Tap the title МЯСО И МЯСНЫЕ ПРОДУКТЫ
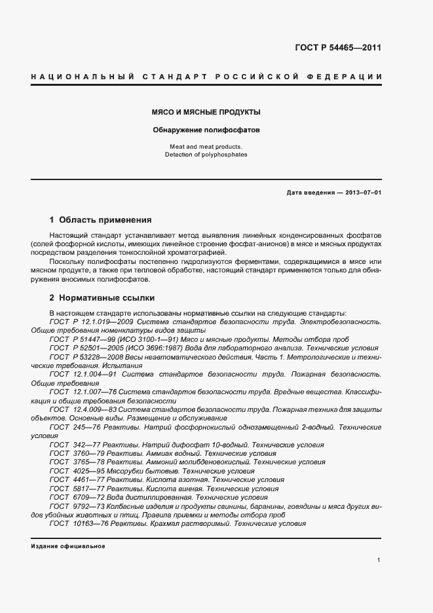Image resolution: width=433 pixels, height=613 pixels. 206,113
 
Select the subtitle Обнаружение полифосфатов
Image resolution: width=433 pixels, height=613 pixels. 206,130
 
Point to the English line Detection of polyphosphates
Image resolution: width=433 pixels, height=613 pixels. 206,155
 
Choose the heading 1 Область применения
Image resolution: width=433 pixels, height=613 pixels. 100,220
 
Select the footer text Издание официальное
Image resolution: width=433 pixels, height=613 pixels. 67,546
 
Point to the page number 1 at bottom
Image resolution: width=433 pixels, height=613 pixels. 379,560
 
